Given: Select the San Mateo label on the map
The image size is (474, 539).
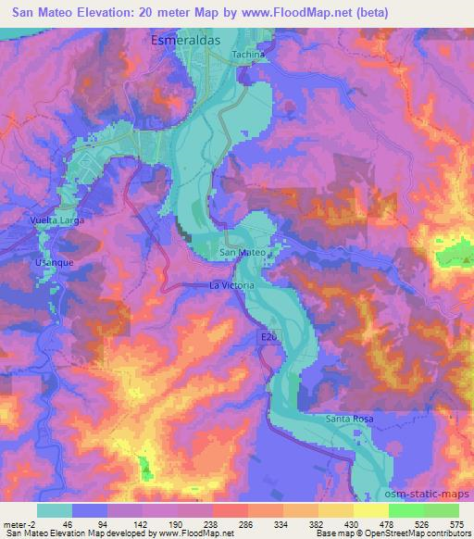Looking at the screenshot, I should pos(243,252).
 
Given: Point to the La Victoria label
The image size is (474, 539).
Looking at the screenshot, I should pos(231,286).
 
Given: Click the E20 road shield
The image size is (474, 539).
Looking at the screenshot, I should pos(265,341).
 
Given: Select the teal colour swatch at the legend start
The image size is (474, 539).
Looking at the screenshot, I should pos(55,510).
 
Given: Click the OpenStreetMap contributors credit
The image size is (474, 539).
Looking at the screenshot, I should pos(422,534).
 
